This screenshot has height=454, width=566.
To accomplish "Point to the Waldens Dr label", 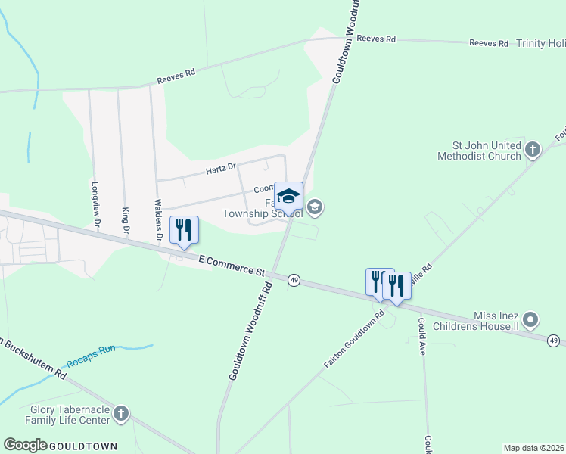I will coord(158,220).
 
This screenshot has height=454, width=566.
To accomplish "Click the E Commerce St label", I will coord(231,265).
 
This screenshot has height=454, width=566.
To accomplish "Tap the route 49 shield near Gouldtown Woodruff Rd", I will coord(294,280).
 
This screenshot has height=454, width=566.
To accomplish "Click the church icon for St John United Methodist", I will coord(532,150).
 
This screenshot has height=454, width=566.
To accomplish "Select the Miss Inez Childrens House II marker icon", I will coord(530,320).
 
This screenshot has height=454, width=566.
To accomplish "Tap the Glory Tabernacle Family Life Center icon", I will coord(121,414).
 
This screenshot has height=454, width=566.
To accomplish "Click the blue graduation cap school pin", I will coord(288,197).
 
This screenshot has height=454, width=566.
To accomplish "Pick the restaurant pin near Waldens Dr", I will coord(185,230).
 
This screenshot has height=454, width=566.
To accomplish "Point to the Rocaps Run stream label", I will coord(90,350).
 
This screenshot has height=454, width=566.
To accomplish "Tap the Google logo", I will coord(25,446).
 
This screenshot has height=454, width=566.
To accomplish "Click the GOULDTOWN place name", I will coord(83,446).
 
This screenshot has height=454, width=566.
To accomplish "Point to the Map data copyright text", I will coord(533,447).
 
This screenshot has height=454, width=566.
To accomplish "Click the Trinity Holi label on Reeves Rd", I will coord(540,43).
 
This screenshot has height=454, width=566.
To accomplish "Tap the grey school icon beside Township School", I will coord(316,207).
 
